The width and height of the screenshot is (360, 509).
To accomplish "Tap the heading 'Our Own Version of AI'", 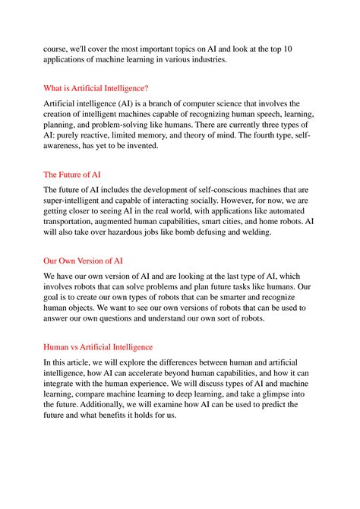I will click(84, 261).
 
